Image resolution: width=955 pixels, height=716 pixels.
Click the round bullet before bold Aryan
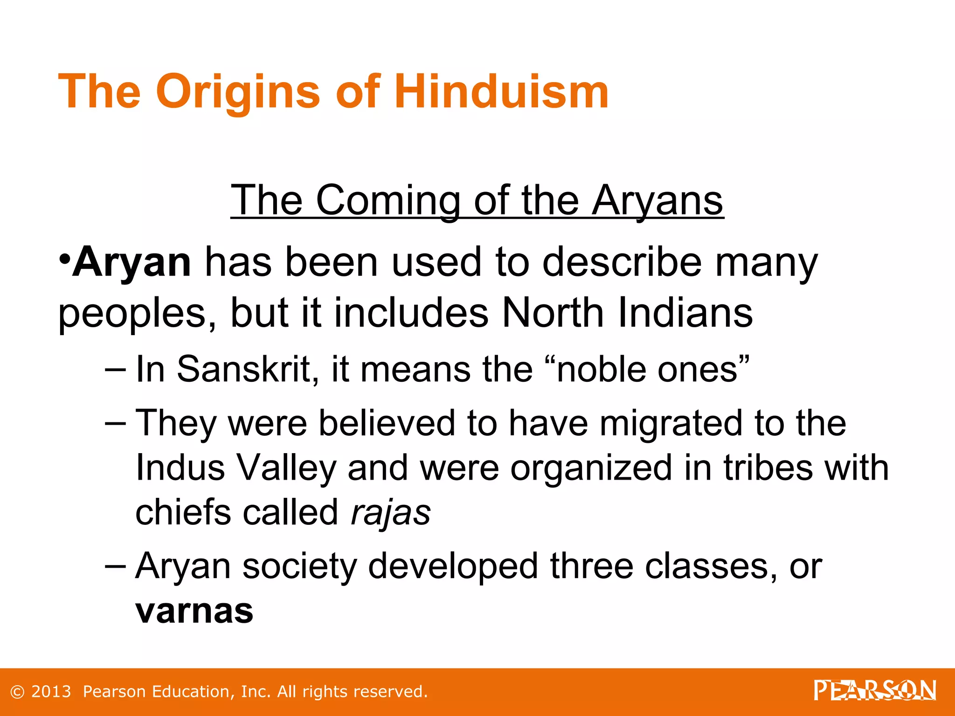(x=65, y=258)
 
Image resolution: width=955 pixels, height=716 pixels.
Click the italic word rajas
(x=391, y=513)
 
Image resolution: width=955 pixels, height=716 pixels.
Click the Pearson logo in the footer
(x=875, y=690)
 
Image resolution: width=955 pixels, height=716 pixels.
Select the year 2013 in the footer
(x=51, y=692)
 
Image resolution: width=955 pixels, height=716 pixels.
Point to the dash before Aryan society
(x=115, y=565)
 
